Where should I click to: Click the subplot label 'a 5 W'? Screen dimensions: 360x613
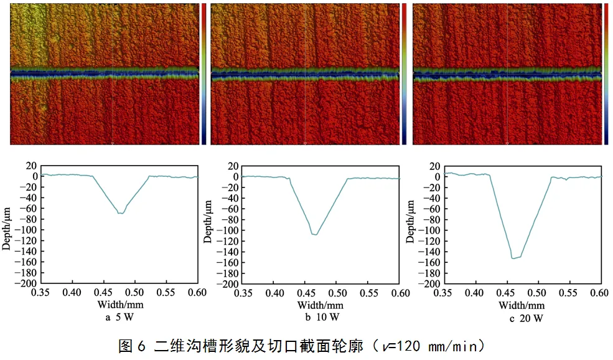(x=119, y=318)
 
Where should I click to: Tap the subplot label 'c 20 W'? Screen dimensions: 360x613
(x=526, y=318)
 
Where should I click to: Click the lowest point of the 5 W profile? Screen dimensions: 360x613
(x=120, y=214)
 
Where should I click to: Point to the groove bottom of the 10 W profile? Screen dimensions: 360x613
(x=315, y=235)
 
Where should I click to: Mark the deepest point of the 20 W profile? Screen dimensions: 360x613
(x=513, y=258)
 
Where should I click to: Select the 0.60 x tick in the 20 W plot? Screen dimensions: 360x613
(x=601, y=292)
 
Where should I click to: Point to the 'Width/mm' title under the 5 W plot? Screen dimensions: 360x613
(x=119, y=305)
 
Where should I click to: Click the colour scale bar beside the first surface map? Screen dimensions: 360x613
(x=204, y=73)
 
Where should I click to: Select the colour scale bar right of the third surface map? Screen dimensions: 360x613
(x=606, y=73)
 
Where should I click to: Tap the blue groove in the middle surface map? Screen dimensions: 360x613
(x=304, y=76)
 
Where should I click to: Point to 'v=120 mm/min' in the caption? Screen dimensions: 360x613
(x=429, y=345)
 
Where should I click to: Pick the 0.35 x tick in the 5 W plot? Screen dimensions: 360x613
(x=41, y=292)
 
